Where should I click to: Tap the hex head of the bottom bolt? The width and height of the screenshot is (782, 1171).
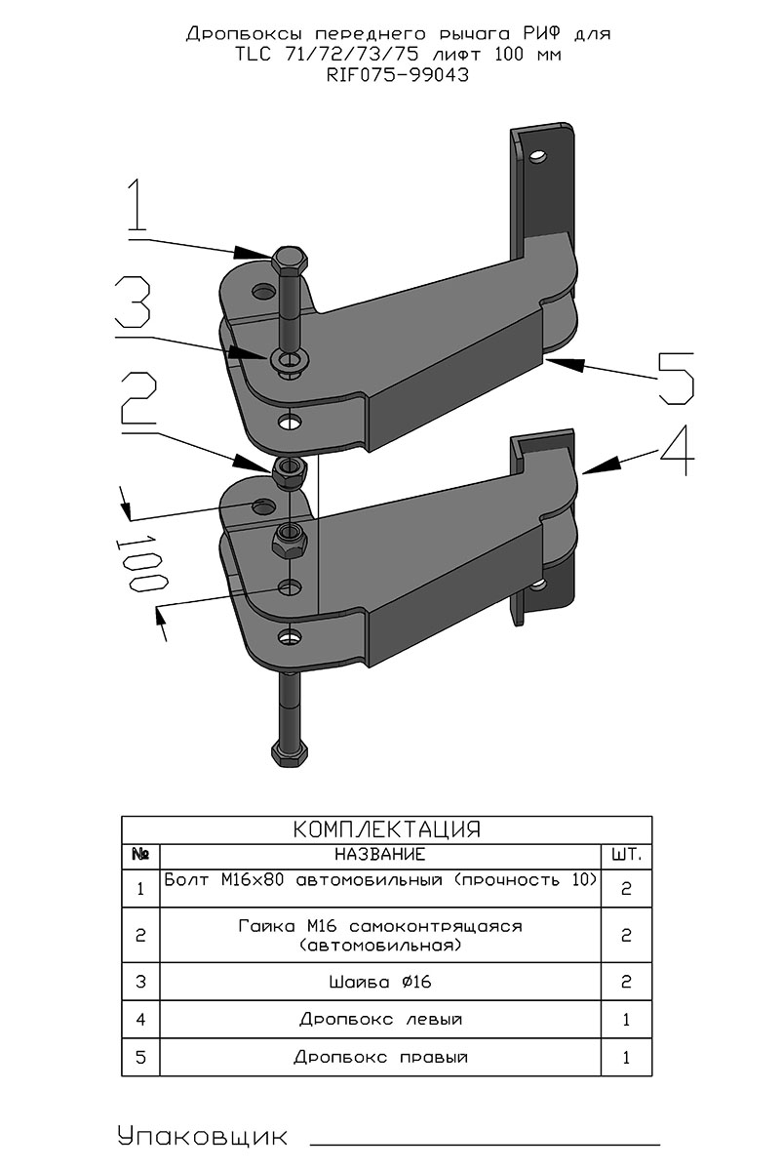(x=290, y=754)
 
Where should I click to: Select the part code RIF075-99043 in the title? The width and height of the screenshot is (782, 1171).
(x=398, y=75)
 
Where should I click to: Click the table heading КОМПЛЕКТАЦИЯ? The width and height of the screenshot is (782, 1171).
(x=387, y=829)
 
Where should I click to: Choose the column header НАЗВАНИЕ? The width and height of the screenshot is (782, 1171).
(x=379, y=855)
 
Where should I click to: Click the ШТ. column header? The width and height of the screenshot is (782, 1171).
(x=626, y=855)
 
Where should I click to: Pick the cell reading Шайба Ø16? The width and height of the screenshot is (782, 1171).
(x=379, y=982)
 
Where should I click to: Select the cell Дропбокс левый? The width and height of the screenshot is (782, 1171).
(x=379, y=1020)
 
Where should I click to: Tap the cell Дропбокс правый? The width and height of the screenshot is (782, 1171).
(x=379, y=1057)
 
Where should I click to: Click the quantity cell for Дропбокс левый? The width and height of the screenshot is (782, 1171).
(x=626, y=1020)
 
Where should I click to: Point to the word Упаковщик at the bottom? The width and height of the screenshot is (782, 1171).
(x=202, y=1137)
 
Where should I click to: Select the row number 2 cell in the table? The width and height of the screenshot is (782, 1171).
(x=140, y=935)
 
